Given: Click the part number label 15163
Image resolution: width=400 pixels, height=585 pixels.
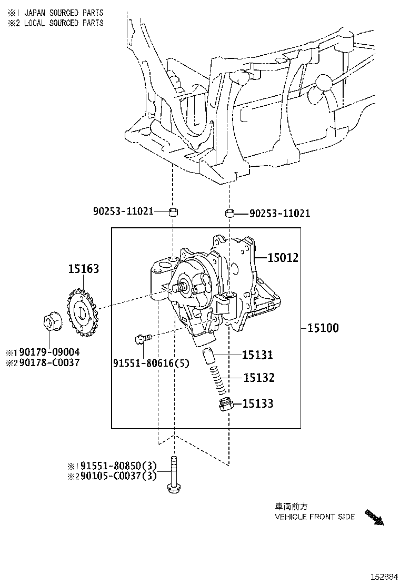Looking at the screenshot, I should [x=83, y=269].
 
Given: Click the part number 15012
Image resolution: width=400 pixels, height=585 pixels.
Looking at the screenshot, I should [x=283, y=258].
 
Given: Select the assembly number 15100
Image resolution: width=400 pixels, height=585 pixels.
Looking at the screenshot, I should [x=323, y=328].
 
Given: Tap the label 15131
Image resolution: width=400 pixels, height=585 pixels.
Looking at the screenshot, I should [x=257, y=355].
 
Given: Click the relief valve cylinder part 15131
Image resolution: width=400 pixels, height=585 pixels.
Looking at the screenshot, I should [x=208, y=355].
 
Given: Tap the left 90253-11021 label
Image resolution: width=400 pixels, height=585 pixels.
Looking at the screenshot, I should [x=123, y=211].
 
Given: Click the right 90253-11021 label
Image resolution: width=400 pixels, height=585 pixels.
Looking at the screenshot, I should [x=279, y=214].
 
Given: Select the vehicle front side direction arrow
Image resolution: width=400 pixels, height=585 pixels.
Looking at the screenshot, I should [x=374, y=517].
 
